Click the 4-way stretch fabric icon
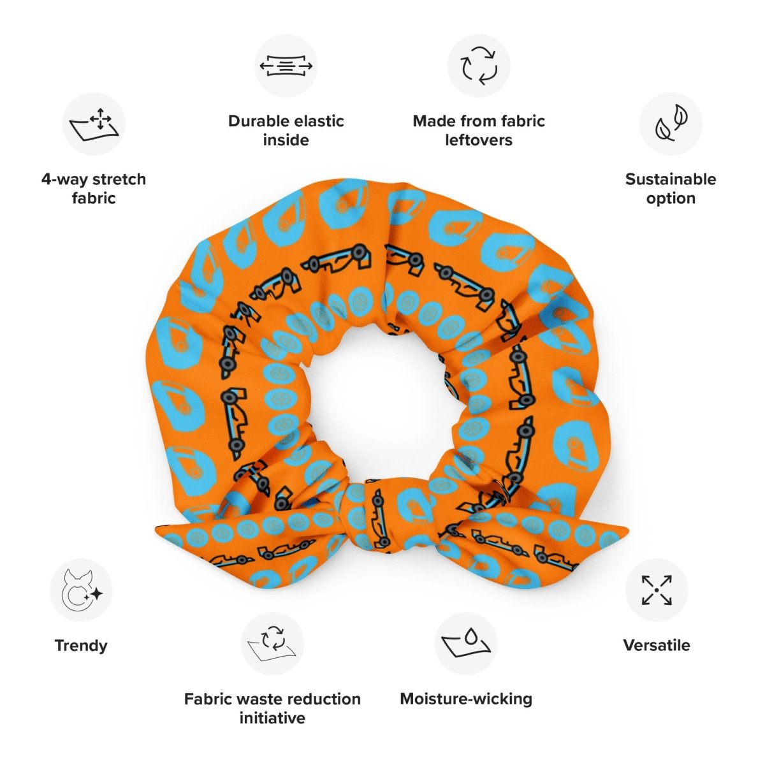(94, 124)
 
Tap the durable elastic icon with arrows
(286, 66)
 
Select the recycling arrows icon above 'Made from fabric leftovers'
(479, 66)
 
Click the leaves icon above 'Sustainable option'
(671, 124)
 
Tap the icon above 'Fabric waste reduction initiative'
(272, 644)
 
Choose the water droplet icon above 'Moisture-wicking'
(466, 644)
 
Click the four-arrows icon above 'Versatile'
(657, 590)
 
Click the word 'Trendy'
(81, 645)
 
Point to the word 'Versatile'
(657, 645)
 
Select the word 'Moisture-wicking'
(466, 699)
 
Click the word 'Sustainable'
(671, 179)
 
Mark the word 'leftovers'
(479, 140)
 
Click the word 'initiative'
(272, 718)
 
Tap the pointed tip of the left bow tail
(157, 530)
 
